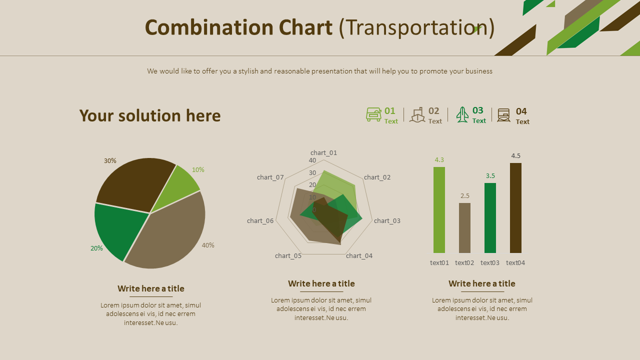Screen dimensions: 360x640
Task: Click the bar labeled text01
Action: (x=439, y=210)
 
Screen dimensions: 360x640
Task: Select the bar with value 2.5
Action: (x=464, y=228)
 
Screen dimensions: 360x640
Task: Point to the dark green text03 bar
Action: (x=490, y=218)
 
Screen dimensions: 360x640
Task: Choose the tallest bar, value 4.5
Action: (x=515, y=208)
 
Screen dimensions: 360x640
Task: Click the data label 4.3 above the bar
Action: (x=439, y=160)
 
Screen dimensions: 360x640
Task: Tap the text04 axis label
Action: (x=515, y=263)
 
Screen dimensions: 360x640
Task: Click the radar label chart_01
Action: (x=323, y=153)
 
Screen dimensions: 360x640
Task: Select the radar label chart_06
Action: (x=260, y=221)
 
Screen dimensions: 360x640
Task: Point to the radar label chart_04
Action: (x=359, y=256)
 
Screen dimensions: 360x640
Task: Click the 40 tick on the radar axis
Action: (x=312, y=161)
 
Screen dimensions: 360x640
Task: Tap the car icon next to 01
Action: (x=373, y=114)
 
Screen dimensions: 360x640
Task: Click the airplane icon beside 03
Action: (x=462, y=114)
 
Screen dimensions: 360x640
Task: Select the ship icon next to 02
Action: (x=417, y=115)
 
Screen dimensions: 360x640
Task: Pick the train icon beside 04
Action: (x=503, y=115)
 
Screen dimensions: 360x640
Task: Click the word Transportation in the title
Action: (x=417, y=28)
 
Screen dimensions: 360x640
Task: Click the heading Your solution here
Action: (x=150, y=116)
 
